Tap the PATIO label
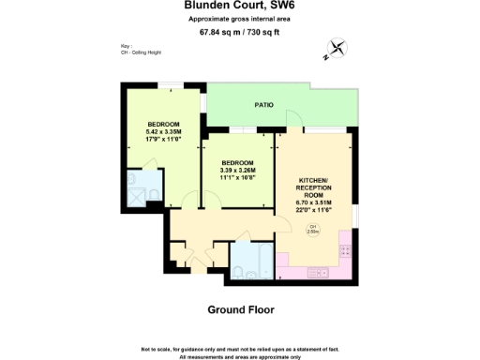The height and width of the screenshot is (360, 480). (x=264, y=105)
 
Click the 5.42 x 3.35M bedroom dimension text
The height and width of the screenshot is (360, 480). (x=162, y=132)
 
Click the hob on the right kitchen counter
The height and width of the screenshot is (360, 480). (x=346, y=251)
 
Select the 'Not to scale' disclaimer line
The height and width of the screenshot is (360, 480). (x=240, y=349)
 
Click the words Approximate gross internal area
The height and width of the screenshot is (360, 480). (x=240, y=19)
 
